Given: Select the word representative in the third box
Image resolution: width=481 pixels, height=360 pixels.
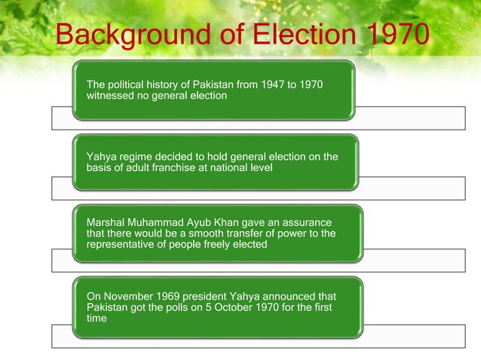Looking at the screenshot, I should pos(122,246).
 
